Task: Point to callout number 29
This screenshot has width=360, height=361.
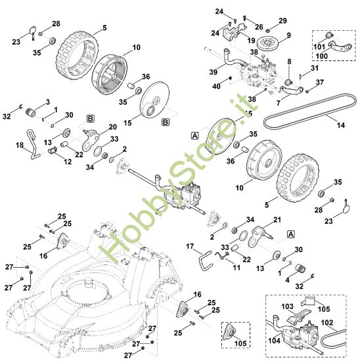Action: pos(283,21)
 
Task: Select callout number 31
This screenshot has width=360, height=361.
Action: pos(315,68)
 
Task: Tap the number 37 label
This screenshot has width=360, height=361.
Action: pos(320,82)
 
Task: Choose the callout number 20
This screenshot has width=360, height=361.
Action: pos(112,127)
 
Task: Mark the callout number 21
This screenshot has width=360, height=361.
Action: pos(277,220)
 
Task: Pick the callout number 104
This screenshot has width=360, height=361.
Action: pos(275,342)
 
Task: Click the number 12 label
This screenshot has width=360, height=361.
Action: pos(67,161)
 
